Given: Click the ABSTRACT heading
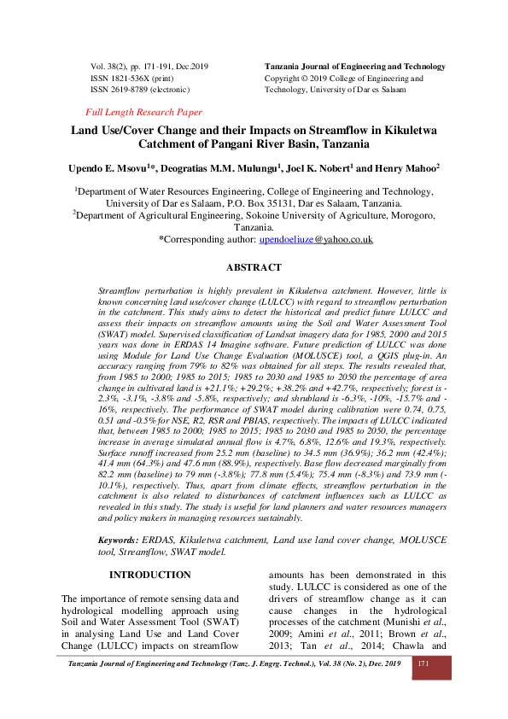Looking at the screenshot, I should [x=253, y=267].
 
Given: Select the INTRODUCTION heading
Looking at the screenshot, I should [x=149, y=575].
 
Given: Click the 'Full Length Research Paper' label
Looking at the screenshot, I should [x=144, y=112].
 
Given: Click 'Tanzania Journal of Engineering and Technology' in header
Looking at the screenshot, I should [x=355, y=67].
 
